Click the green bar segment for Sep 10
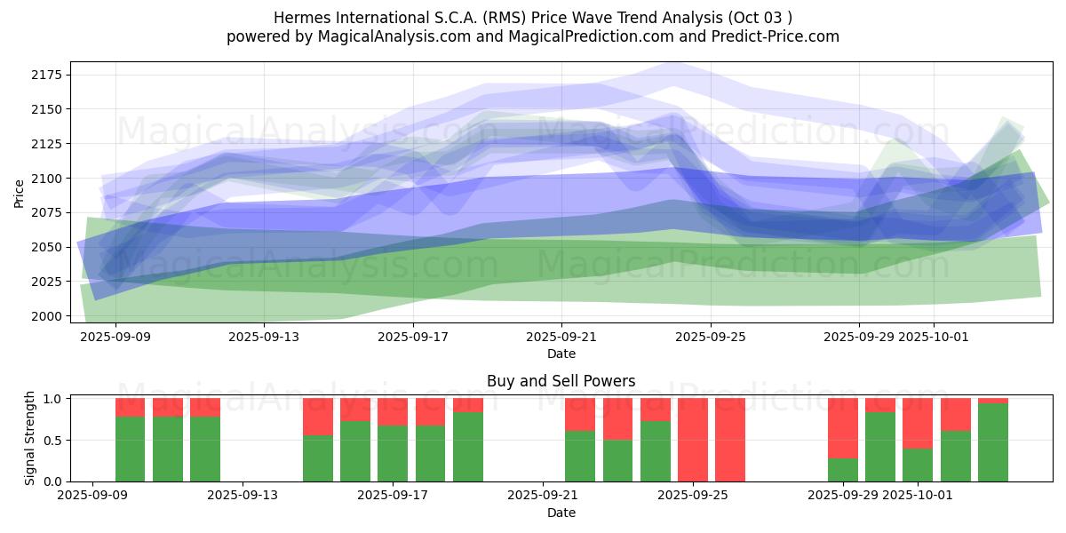pyautogui.click(x=168, y=449)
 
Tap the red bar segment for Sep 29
pyautogui.click(x=843, y=428)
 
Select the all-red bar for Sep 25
pyautogui.click(x=693, y=440)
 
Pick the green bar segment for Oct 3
pyautogui.click(x=993, y=442)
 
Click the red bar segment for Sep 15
pyautogui.click(x=318, y=417)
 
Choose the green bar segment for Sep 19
pyautogui.click(x=468, y=447)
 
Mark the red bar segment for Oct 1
pyautogui.click(x=918, y=423)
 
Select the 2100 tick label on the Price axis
pyautogui.click(x=46, y=179)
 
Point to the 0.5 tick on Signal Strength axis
pyautogui.click(x=52, y=440)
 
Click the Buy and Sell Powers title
pyautogui.click(x=561, y=381)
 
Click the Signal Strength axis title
pyautogui.click(x=30, y=438)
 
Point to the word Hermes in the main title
pyautogui.click(x=298, y=18)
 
